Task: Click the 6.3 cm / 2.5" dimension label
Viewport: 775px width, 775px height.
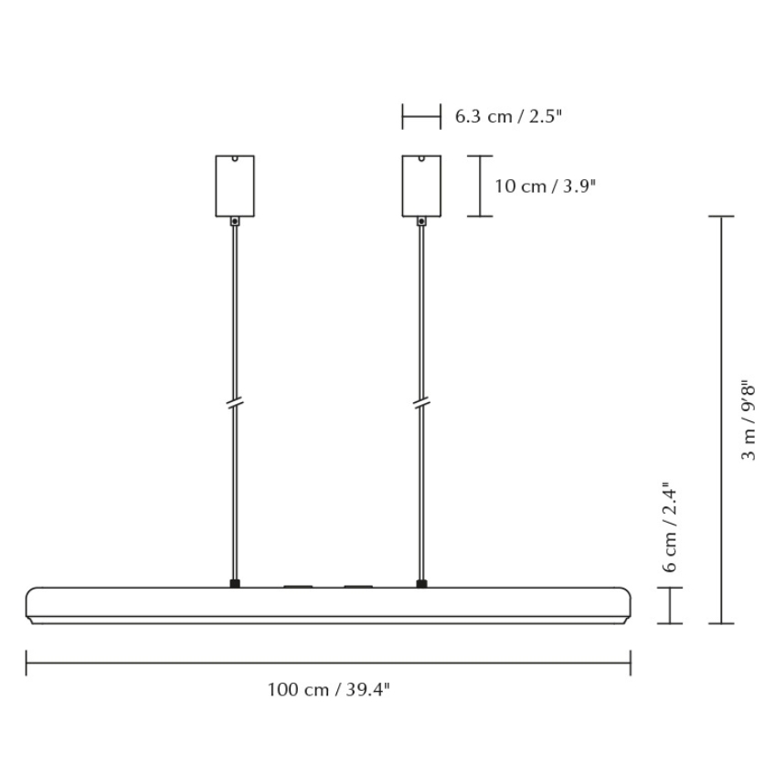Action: pyautogui.click(x=508, y=116)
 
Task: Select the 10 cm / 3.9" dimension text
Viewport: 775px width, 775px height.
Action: pyautogui.click(x=545, y=186)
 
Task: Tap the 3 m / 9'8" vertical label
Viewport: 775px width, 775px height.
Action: pyautogui.click(x=748, y=419)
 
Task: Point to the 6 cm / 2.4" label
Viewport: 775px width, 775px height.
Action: pyautogui.click(x=671, y=527)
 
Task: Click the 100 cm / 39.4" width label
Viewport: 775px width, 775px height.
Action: pyautogui.click(x=328, y=689)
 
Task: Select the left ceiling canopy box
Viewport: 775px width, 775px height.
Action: pyautogui.click(x=235, y=186)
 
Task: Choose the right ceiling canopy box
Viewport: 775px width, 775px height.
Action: pyautogui.click(x=421, y=186)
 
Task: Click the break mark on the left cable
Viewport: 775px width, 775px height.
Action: pyautogui.click(x=235, y=402)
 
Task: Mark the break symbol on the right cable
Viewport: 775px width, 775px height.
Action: pyautogui.click(x=421, y=402)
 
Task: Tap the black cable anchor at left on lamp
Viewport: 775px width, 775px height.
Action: pyautogui.click(x=235, y=583)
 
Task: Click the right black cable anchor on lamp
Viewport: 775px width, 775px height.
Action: pyautogui.click(x=421, y=583)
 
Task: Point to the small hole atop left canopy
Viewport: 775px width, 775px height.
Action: pyautogui.click(x=235, y=159)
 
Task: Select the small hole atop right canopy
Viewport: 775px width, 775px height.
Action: pyautogui.click(x=421, y=159)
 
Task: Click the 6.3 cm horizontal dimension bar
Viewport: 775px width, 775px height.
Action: pyautogui.click(x=421, y=116)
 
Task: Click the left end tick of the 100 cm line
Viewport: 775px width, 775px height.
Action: pyautogui.click(x=27, y=662)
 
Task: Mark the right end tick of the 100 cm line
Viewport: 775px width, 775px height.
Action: pyautogui.click(x=631, y=662)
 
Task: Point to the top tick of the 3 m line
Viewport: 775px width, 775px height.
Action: pyautogui.click(x=722, y=217)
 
